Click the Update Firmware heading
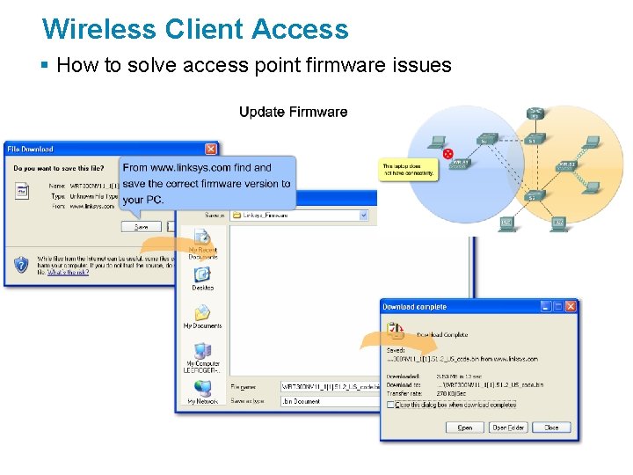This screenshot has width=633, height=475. coord(293,112)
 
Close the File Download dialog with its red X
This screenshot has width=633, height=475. coord(211,150)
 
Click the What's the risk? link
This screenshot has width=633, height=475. coord(68,273)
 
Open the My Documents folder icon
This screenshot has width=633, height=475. coord(202,314)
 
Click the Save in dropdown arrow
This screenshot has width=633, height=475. coord(362,215)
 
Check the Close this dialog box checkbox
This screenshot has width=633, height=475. coord(390,405)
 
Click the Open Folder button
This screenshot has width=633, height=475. coord(509,427)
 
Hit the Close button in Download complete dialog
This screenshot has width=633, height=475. coord(551,427)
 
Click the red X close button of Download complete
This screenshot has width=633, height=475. coord(571,307)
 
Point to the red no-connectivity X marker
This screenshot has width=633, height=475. coord(447,153)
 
